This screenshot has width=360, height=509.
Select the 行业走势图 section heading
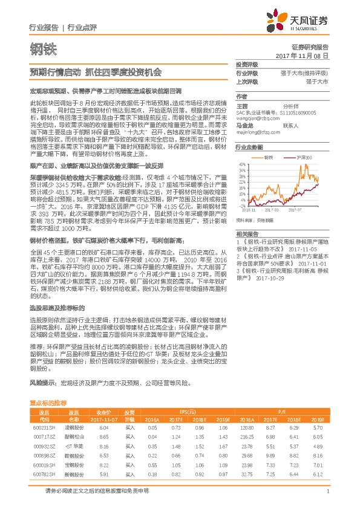pyautogui.click(x=249, y=148)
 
